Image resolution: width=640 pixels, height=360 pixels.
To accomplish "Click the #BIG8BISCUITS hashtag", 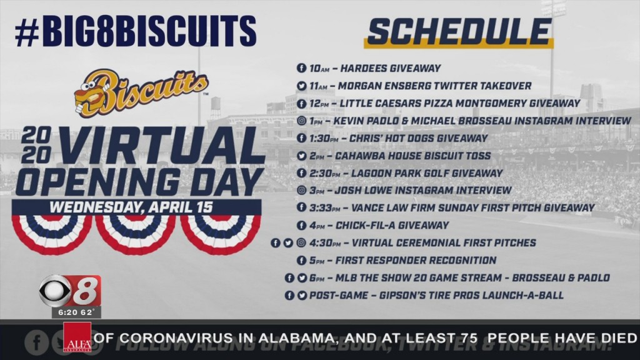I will pyautogui.click(x=135, y=31).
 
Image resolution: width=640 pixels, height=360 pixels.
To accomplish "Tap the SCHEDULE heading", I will pyautogui.click(x=459, y=32).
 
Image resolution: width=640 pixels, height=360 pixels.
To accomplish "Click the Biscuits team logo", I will pyautogui.click(x=141, y=91).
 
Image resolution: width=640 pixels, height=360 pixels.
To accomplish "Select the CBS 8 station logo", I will pyautogui.click(x=69, y=291).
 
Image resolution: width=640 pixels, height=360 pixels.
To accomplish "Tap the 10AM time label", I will pyautogui.click(x=319, y=68).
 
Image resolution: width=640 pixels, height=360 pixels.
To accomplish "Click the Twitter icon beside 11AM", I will pyautogui.click(x=301, y=86).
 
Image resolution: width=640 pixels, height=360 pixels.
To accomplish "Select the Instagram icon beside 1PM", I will pyautogui.click(x=301, y=121).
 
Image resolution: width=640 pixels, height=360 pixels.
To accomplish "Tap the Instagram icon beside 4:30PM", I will pyautogui.click(x=301, y=242).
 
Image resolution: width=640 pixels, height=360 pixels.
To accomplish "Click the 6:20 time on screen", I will pyautogui.click(x=59, y=311).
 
